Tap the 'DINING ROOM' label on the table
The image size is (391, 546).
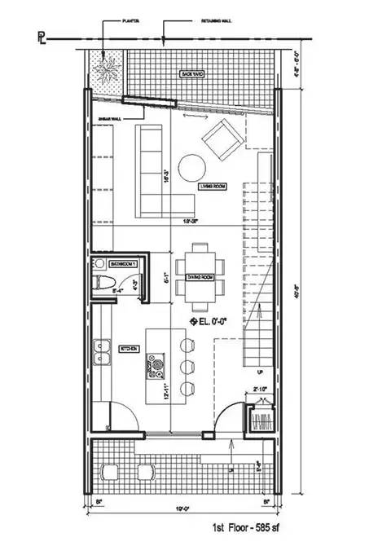(x=200, y=277)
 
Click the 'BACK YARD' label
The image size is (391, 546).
(x=192, y=74)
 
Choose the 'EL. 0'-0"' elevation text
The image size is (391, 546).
(x=211, y=322)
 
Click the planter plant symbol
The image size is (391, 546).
(x=107, y=68)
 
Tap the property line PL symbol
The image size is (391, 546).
(x=41, y=37)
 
